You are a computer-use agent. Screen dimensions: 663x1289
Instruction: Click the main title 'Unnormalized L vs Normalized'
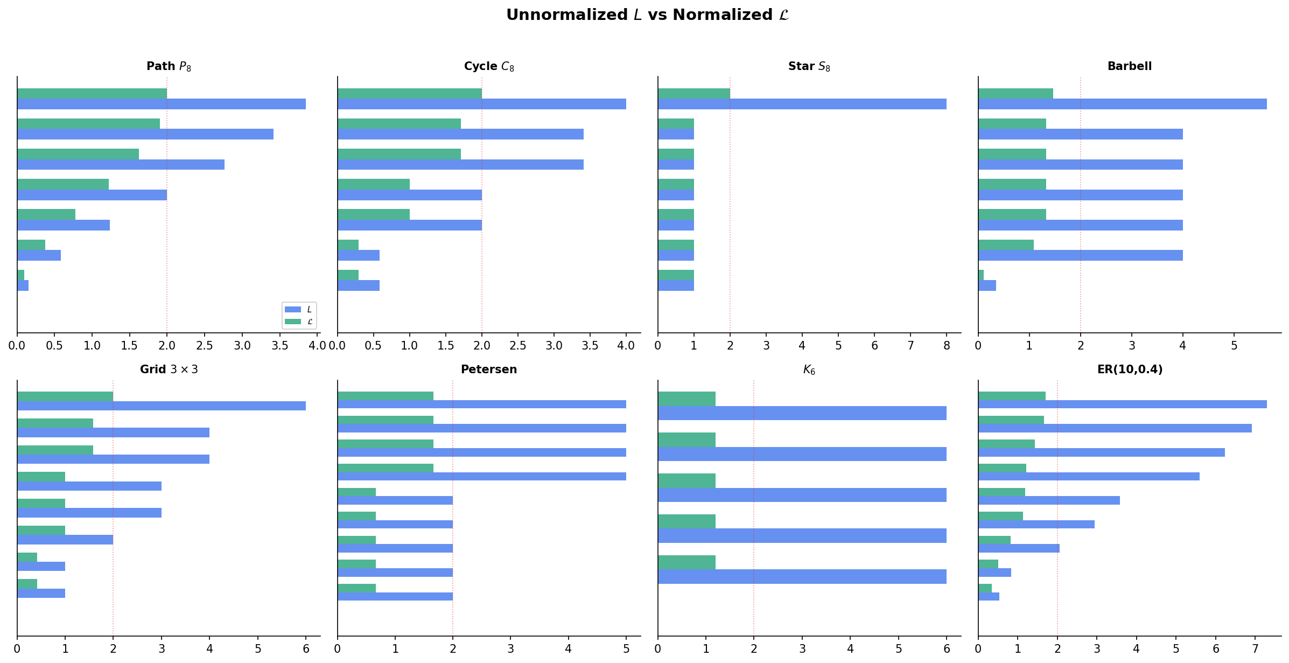coord(647,15)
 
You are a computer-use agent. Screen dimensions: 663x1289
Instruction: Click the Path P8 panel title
coord(169,66)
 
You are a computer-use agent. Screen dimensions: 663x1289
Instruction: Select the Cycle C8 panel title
coord(489,66)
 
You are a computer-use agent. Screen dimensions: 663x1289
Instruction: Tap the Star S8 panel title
coord(809,66)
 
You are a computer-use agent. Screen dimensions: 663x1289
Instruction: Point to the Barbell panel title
coord(1129,66)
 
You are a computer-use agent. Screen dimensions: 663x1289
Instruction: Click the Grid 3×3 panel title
coord(169,369)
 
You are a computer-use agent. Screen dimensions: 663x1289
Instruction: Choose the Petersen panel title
coord(489,369)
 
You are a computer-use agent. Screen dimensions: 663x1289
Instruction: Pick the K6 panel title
coord(809,369)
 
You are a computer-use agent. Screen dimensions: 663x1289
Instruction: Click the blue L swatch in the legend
coord(293,310)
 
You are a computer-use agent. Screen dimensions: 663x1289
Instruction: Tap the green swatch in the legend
coord(293,322)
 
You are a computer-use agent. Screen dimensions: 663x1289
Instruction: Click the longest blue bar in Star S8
coord(802,104)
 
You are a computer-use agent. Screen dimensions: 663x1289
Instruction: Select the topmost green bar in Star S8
coord(693,94)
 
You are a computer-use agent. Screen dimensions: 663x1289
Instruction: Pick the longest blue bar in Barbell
coord(1122,104)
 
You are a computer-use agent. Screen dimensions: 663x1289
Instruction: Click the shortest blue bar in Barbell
coord(987,285)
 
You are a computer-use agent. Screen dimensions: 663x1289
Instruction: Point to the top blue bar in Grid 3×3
coord(162,406)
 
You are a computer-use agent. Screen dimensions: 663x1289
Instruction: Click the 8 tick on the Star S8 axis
coord(947,345)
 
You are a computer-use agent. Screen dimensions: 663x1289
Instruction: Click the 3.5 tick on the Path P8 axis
coord(280,345)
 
